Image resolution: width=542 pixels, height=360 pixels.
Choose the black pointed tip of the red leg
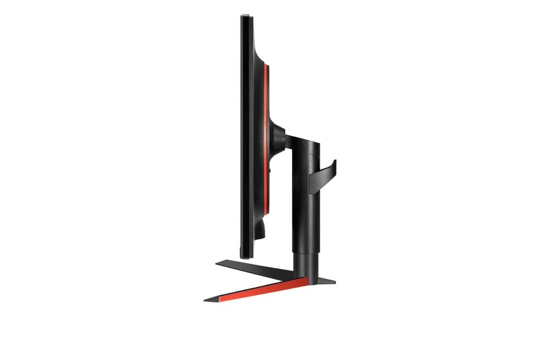tap(210, 298)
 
